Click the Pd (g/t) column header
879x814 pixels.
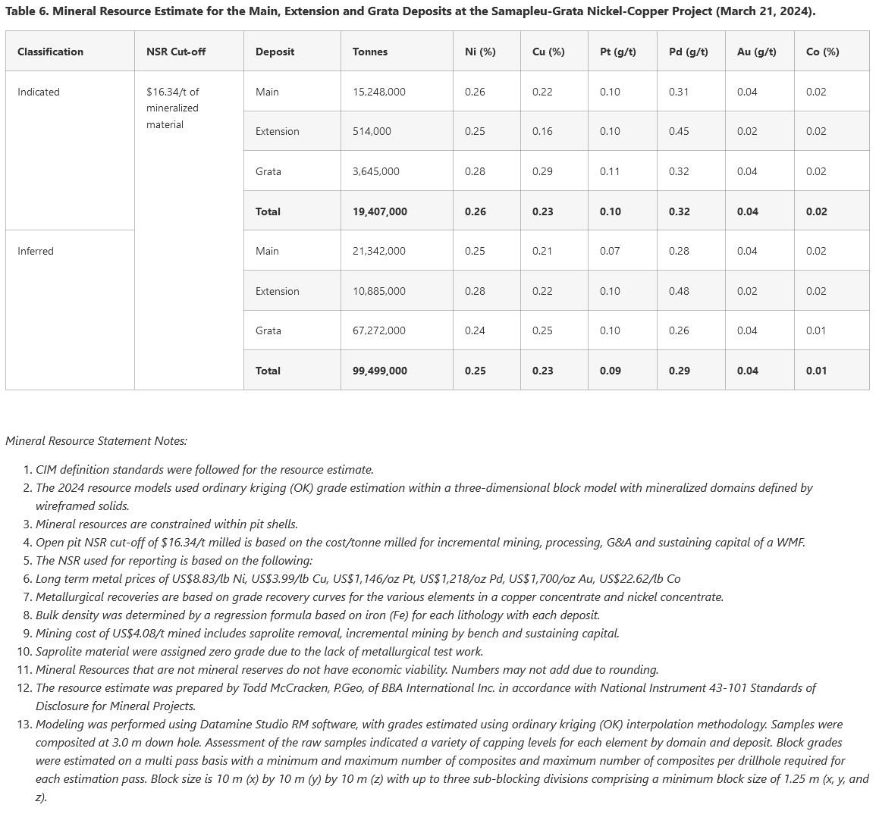pyautogui.click(x=688, y=52)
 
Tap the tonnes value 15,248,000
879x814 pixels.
pyautogui.click(x=378, y=92)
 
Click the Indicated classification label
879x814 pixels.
pyautogui.click(x=39, y=92)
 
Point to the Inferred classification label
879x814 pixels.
pyautogui.click(x=36, y=251)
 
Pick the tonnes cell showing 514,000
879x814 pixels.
pyautogui.click(x=372, y=131)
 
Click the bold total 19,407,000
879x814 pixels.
pyautogui.click(x=379, y=211)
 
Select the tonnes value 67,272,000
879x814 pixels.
pyautogui.click(x=378, y=330)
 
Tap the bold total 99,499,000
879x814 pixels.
pyautogui.click(x=379, y=371)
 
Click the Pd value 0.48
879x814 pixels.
pyautogui.click(x=679, y=291)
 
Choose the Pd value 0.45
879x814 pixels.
pyautogui.click(x=679, y=131)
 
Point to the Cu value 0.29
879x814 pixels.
pyautogui.click(x=542, y=171)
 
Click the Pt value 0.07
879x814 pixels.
pyautogui.click(x=610, y=251)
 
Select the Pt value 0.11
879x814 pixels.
pyautogui.click(x=610, y=171)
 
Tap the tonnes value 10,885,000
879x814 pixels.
pyautogui.click(x=378, y=291)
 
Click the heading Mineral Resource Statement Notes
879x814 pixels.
pyautogui.click(x=96, y=440)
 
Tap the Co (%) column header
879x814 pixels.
pyautogui.click(x=822, y=52)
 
